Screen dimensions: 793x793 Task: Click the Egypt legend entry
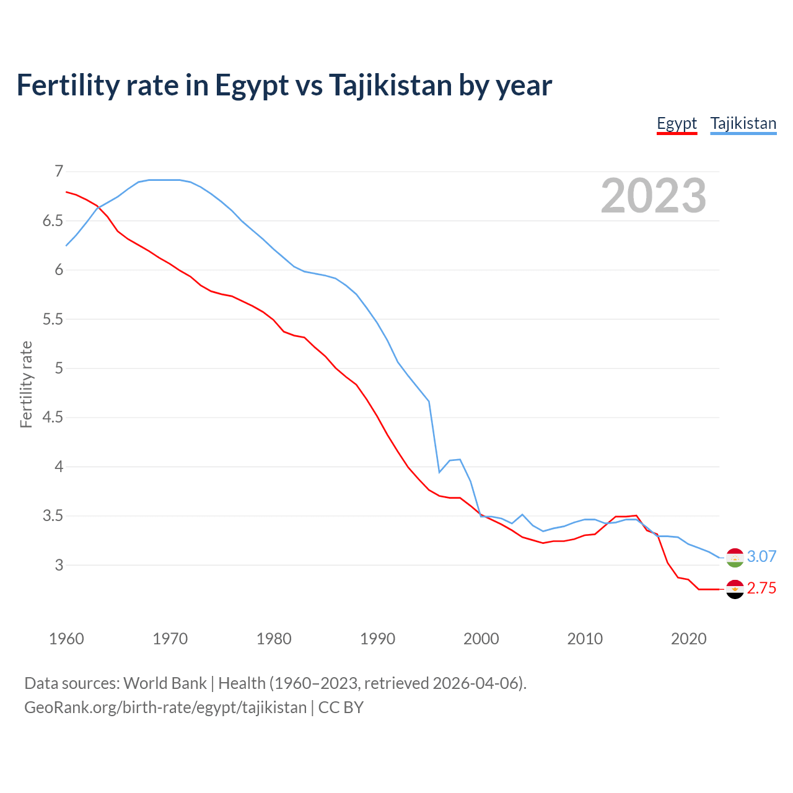pos(677,123)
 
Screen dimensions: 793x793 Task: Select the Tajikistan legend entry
pos(743,123)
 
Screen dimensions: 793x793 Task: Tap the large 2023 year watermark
pos(653,196)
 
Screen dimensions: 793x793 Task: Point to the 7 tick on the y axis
pos(59,172)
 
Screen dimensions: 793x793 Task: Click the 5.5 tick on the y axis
pos(53,319)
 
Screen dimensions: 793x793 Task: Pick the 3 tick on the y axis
pos(59,565)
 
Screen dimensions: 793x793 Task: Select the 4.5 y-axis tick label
pos(53,418)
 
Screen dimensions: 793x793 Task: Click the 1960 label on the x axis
pos(66,639)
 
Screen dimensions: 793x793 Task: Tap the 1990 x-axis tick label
pos(377,639)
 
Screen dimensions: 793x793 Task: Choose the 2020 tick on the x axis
pos(688,639)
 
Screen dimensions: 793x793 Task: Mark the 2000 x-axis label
pos(481,639)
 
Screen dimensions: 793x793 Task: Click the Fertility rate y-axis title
pos(26,384)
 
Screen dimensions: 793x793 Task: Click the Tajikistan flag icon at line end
pos(735,558)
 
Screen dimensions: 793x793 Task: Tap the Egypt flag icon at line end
pos(735,589)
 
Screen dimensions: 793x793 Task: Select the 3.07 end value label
pos(761,556)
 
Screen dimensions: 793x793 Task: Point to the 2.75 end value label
pos(761,588)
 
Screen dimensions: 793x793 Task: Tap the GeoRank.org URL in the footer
pos(165,708)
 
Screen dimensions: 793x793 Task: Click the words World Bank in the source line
pos(165,683)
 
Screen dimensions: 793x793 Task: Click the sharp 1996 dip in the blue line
pos(439,472)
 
